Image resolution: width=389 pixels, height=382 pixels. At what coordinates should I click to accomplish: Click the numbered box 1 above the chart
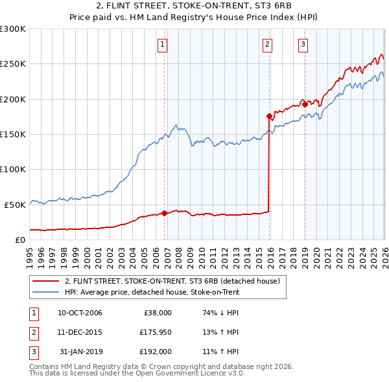click(x=162, y=45)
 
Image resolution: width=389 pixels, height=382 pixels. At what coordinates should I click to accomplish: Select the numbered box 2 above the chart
click(x=267, y=45)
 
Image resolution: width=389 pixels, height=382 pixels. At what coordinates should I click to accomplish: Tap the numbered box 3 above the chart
click(x=303, y=45)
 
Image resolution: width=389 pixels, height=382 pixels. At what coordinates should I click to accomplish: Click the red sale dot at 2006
click(x=165, y=212)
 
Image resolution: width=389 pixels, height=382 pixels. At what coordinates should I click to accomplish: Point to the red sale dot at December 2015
click(x=269, y=117)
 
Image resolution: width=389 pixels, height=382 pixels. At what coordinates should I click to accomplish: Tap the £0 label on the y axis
click(x=19, y=240)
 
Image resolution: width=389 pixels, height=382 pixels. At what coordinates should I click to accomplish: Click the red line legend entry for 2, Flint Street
click(x=172, y=281)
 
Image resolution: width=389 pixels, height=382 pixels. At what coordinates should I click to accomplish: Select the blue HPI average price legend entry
click(x=152, y=293)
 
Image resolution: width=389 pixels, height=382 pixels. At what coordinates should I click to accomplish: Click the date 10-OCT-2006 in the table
click(x=80, y=313)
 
